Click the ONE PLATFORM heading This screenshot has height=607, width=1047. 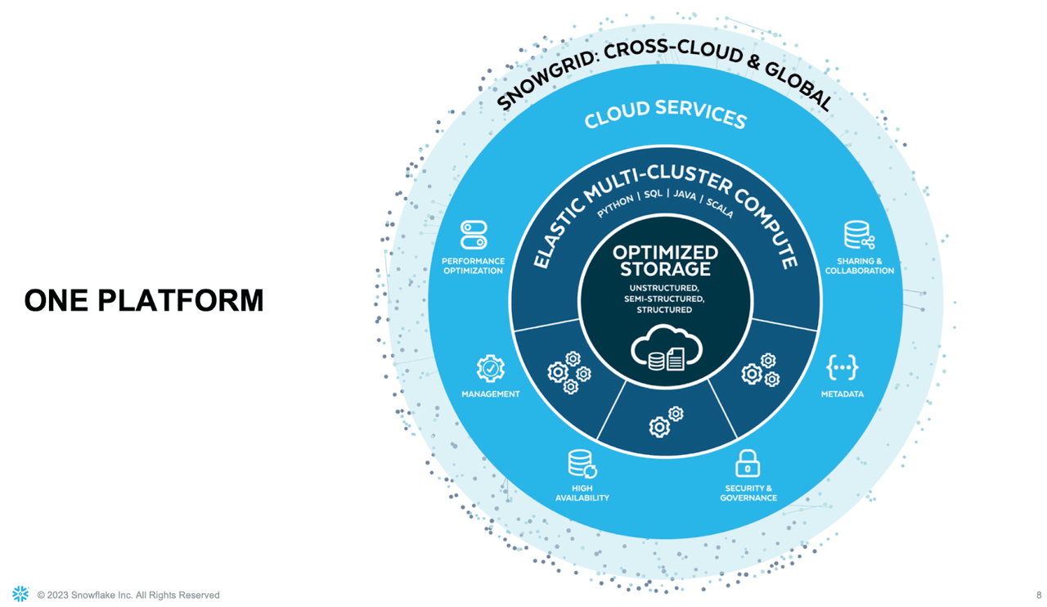coord(144,300)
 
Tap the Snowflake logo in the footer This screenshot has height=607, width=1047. coord(20,594)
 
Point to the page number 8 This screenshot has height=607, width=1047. coord(1038,595)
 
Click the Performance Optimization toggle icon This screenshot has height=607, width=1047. coord(474,234)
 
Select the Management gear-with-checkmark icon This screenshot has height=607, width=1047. coord(490,369)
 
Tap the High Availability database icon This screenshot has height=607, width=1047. coord(582,465)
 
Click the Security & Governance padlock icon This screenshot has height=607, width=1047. coord(748,463)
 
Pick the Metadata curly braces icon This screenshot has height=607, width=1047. coord(842,368)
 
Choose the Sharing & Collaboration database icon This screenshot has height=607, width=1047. coord(859,236)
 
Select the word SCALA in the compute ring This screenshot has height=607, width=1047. coord(719,207)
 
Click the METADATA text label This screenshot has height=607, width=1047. coord(842,394)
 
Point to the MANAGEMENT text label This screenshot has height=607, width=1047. coord(490,394)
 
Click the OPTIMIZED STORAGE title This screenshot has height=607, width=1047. coord(665,261)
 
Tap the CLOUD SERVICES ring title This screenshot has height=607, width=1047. coord(665,115)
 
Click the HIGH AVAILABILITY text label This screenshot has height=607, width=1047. coord(582,492)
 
